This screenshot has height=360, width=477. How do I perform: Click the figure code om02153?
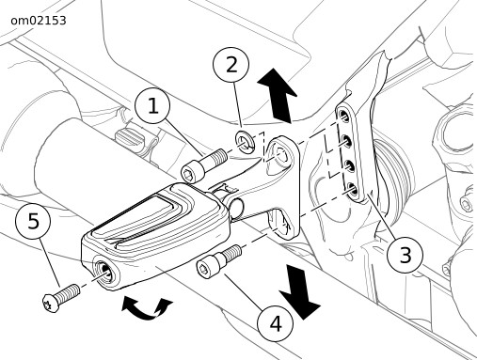(x=39, y=21)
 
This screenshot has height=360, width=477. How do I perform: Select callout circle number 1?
(x=152, y=105)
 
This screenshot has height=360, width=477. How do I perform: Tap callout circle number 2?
(x=231, y=65)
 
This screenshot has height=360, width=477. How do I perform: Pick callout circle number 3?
(x=405, y=255)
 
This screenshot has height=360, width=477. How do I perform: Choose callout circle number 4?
(x=275, y=323)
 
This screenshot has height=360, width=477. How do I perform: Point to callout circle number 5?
(x=33, y=221)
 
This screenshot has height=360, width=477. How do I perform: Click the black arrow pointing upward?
(x=278, y=95)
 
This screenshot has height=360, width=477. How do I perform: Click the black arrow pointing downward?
(x=299, y=292)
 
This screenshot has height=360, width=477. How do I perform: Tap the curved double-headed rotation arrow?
(x=146, y=308)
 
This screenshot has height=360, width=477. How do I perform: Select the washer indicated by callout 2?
(x=246, y=140)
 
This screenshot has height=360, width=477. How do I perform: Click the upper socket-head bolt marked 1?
(x=204, y=165)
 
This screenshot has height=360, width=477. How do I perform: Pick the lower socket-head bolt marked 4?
(x=219, y=260)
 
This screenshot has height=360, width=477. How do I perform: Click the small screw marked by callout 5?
(x=61, y=298)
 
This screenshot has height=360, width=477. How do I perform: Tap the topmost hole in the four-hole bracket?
(x=344, y=117)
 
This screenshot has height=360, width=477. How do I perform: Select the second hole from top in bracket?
(x=346, y=141)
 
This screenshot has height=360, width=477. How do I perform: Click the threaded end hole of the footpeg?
(x=104, y=270)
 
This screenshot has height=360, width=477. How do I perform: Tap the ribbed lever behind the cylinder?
(x=129, y=138)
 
